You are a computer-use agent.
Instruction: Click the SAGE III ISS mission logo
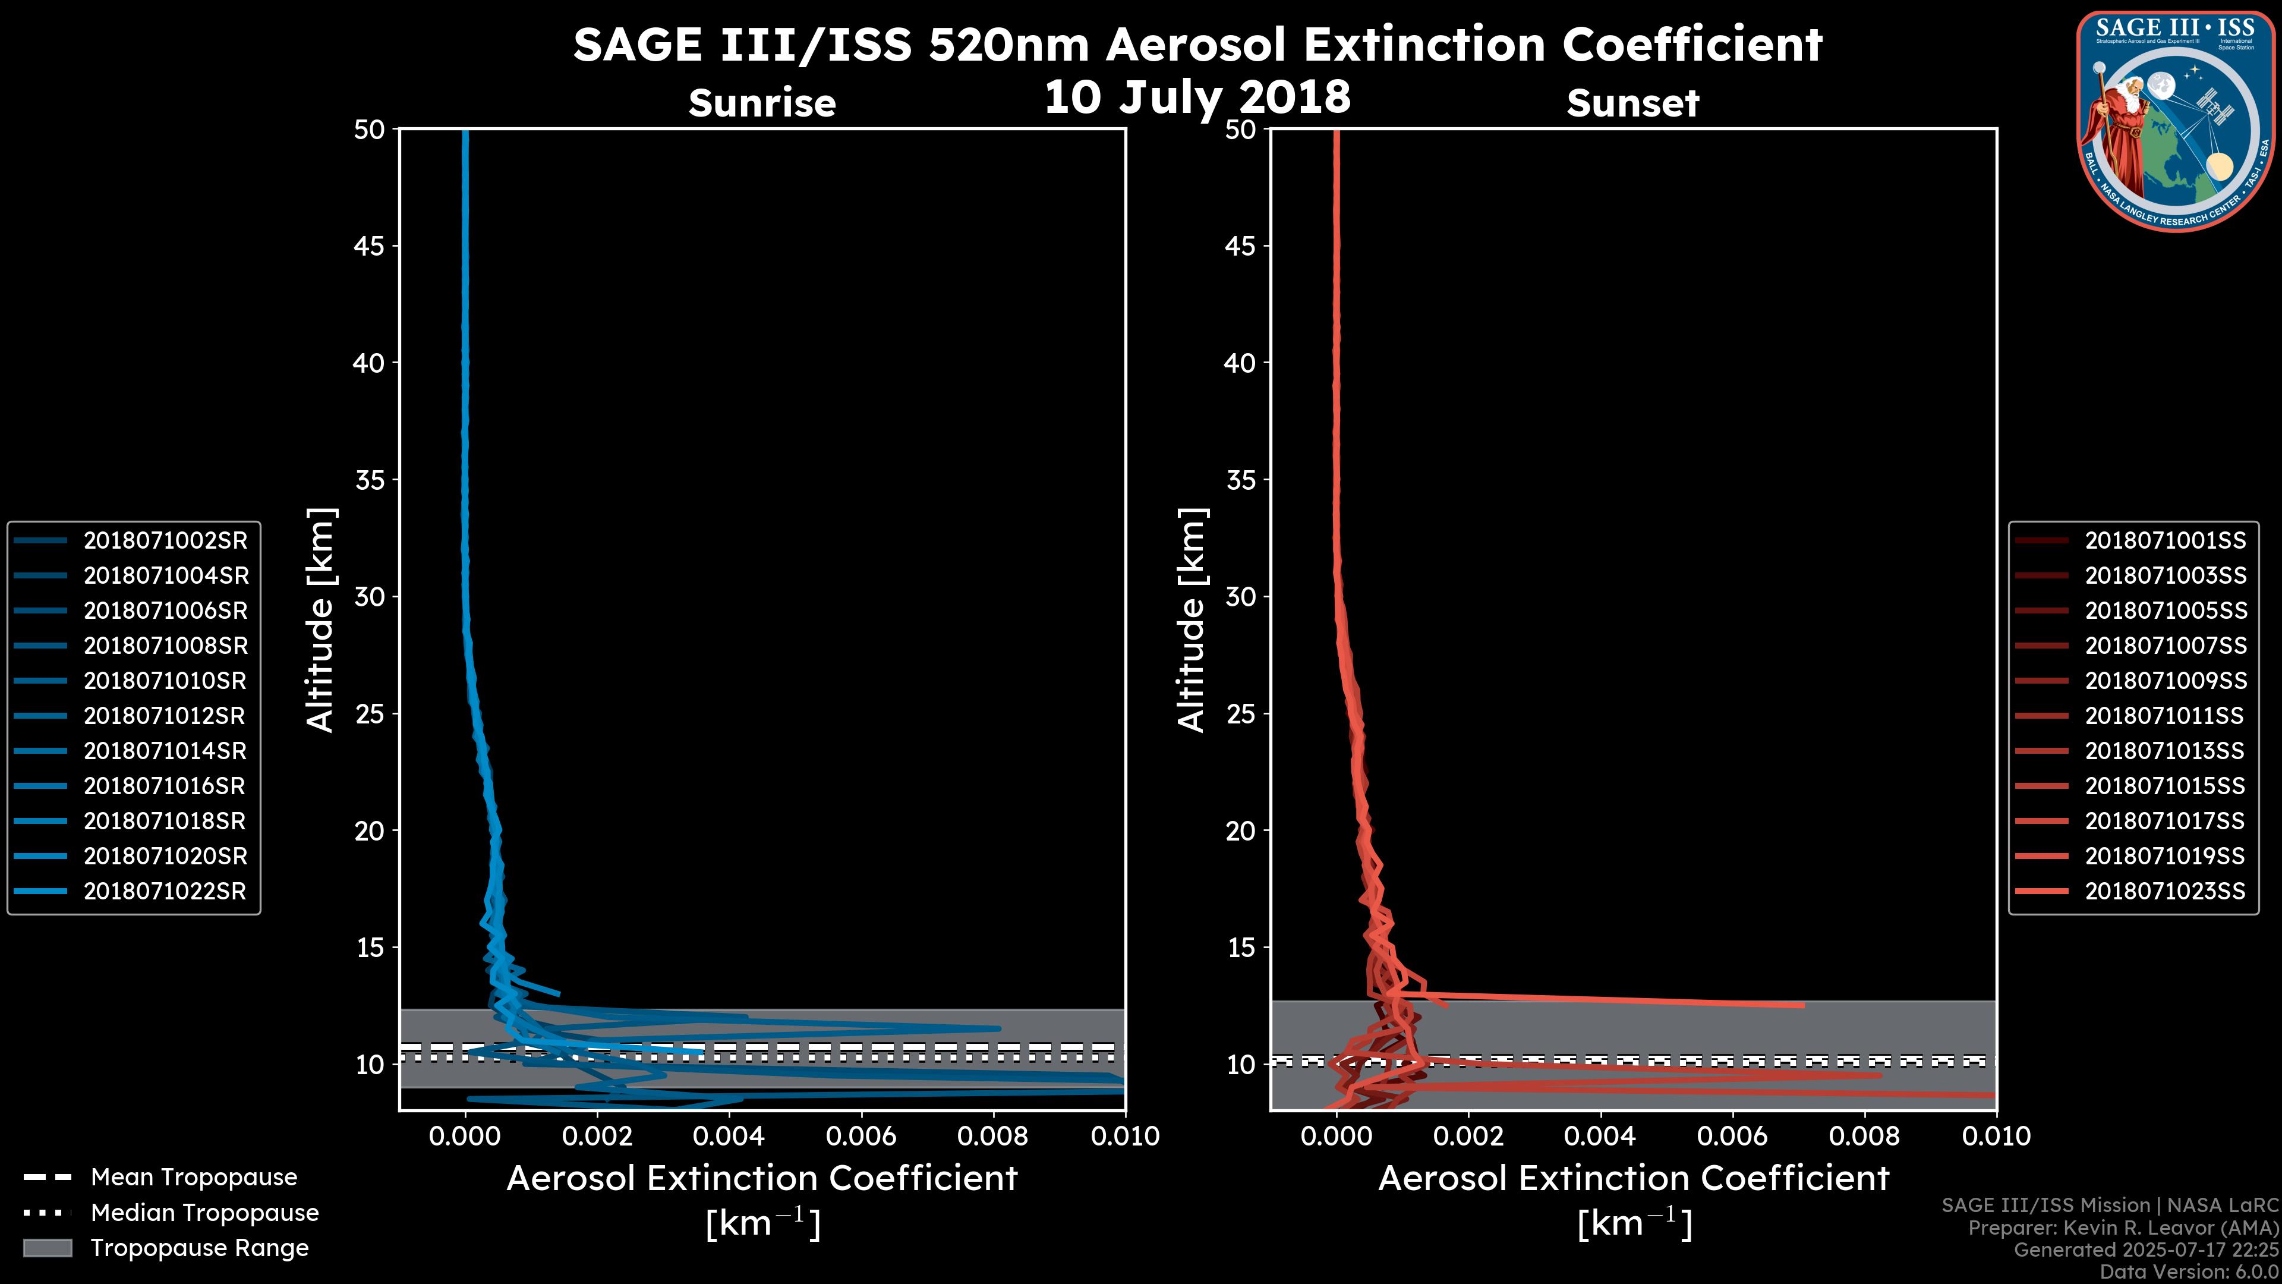coord(2175,121)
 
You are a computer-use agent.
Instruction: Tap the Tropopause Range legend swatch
coord(48,1248)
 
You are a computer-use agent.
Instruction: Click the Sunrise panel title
coord(762,103)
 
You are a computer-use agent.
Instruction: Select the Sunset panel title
coord(1632,103)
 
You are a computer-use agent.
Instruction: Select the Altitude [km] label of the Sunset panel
coord(1192,620)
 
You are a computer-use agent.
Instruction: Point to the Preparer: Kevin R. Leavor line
coord(2123,1228)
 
